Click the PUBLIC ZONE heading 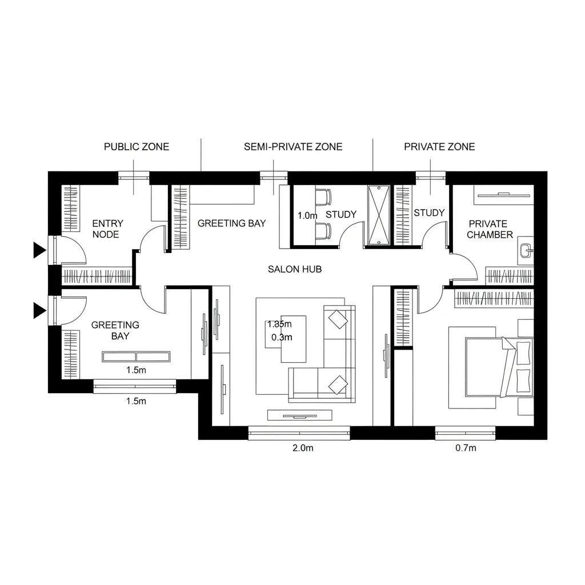pyautogui.click(x=137, y=147)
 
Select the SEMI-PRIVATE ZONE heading pyautogui.click(x=293, y=147)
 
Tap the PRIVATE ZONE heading pyautogui.click(x=439, y=147)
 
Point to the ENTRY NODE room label pyautogui.click(x=107, y=229)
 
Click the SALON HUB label pyautogui.click(x=295, y=269)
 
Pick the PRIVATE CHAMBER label pyautogui.click(x=490, y=229)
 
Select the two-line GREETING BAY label pyautogui.click(x=115, y=330)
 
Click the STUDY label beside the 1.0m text pyautogui.click(x=341, y=215)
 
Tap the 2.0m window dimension pyautogui.click(x=303, y=448)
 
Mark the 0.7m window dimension pyautogui.click(x=466, y=448)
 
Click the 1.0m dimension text pyautogui.click(x=307, y=216)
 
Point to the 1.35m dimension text pyautogui.click(x=279, y=324)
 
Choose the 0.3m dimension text pyautogui.click(x=282, y=337)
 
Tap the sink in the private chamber pyautogui.click(x=526, y=250)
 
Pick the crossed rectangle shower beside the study pyautogui.click(x=379, y=215)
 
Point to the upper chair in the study pyautogui.click(x=323, y=197)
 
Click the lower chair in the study pyautogui.click(x=323, y=231)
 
